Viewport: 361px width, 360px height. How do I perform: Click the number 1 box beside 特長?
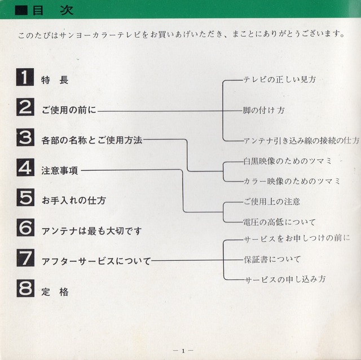pyautogui.click(x=25, y=77)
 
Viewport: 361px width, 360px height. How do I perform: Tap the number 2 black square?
pyautogui.click(x=25, y=107)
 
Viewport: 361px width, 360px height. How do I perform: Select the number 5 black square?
pyautogui.click(x=25, y=198)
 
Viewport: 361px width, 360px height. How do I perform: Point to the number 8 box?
pyautogui.click(x=25, y=288)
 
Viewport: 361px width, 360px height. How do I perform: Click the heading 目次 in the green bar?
pyautogui.click(x=53, y=10)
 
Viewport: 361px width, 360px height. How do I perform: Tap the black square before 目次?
pyautogui.click(x=21, y=11)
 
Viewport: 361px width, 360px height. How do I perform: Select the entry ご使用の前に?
pyautogui.click(x=69, y=110)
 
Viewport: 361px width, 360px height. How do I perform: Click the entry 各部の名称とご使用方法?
pyautogui.click(x=92, y=140)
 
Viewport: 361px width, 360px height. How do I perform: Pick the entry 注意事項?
pyautogui.click(x=60, y=171)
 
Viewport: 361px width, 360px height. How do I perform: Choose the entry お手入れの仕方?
pyautogui.click(x=74, y=201)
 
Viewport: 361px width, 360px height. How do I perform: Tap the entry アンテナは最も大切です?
pyautogui.click(x=91, y=231)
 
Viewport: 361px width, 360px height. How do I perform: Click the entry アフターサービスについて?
pyautogui.click(x=96, y=261)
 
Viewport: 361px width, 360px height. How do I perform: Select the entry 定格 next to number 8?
pyautogui.click(x=55, y=292)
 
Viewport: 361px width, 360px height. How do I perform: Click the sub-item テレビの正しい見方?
pyautogui.click(x=280, y=79)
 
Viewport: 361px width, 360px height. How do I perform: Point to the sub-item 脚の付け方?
pyautogui.click(x=264, y=110)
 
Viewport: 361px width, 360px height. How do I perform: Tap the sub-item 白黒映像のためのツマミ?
pyautogui.click(x=288, y=161)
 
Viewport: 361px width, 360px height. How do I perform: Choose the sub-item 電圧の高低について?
pyautogui.click(x=280, y=222)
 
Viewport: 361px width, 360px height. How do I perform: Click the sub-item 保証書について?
pyautogui.click(x=272, y=260)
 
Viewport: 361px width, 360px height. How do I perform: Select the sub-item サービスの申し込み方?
pyautogui.click(x=285, y=279)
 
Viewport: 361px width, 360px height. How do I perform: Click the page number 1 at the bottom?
pyautogui.click(x=183, y=351)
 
